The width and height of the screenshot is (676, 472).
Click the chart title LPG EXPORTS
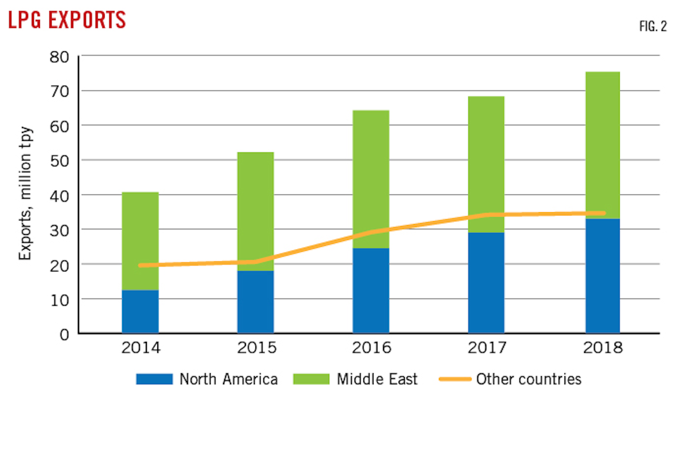67,20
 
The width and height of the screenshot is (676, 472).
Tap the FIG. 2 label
653,26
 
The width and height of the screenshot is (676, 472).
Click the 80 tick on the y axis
59,57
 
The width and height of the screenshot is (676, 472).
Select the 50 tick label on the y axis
59,161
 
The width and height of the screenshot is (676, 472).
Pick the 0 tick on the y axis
64,335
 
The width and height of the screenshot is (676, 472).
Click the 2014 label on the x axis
140,348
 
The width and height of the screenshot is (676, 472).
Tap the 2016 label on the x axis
371,348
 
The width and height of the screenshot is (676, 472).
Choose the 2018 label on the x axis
603,348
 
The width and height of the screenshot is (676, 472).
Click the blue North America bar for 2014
140,312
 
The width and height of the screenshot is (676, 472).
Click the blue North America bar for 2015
255,302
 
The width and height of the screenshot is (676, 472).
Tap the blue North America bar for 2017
486,283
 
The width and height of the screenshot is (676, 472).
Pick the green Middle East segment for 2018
603,141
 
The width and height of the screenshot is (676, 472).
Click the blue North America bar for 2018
603,276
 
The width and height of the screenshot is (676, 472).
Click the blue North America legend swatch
154,379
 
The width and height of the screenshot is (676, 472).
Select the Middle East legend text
377,379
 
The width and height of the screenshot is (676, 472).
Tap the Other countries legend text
529,379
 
